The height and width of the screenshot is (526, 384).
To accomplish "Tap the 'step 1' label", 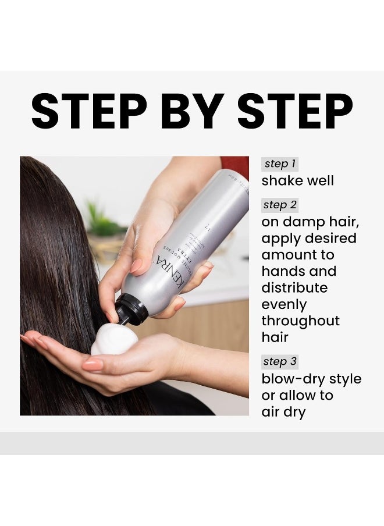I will coord(279,164).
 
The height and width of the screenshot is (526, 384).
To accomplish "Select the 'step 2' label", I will coord(280,205).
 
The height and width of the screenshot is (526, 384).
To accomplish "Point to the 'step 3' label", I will coord(280,361).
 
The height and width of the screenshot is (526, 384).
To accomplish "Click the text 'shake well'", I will coord(297,181).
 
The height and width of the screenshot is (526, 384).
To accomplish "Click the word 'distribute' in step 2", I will coord(294,288).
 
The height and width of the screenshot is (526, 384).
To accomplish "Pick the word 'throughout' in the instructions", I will coord(300,321).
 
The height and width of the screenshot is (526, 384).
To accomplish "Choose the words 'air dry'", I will coord(283,412).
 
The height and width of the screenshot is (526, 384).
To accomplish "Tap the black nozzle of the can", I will coord(131,309).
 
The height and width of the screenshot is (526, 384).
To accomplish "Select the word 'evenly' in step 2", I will coord(284,305).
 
